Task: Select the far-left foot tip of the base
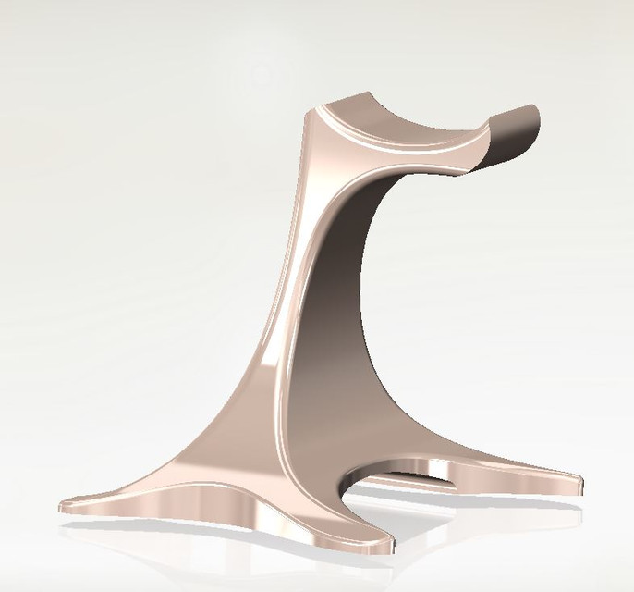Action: pos(65,508)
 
